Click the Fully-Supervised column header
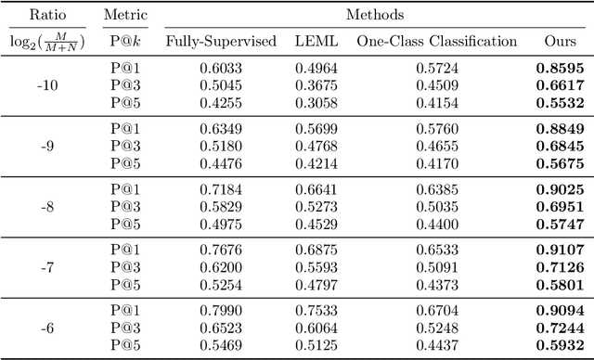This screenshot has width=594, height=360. (221, 42)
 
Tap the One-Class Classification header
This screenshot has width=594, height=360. (439, 42)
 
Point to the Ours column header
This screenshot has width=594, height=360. (560, 42)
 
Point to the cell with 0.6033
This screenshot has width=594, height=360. (221, 68)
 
